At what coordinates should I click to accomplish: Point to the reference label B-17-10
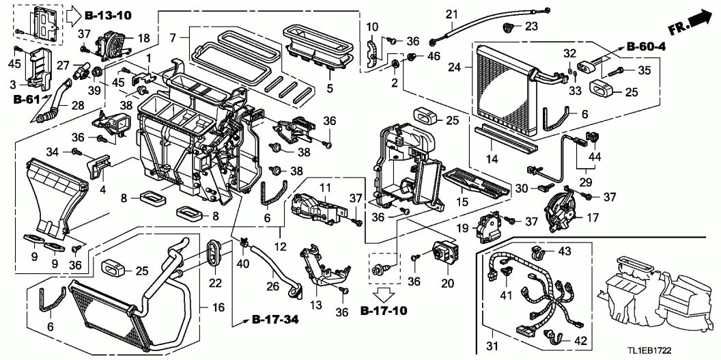[384, 311]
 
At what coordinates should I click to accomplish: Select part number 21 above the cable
[451, 14]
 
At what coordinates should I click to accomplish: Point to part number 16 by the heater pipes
[218, 309]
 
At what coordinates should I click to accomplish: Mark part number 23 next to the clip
[531, 27]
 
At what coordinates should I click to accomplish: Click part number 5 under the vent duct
[330, 88]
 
